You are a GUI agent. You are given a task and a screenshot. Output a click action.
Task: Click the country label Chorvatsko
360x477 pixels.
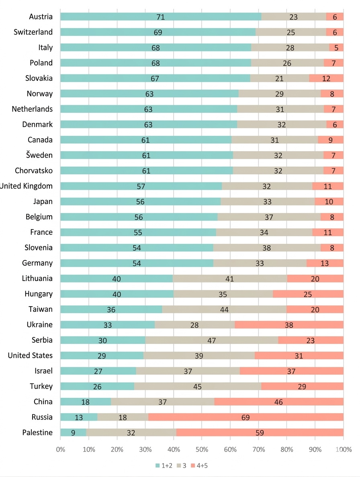pos(34,171)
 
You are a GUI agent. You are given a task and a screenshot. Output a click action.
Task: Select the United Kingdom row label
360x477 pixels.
pos(27,186)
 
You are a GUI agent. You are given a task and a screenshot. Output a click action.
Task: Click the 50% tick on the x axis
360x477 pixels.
pos(202,449)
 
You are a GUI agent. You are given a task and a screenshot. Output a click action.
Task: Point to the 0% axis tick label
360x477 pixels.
pos(60,449)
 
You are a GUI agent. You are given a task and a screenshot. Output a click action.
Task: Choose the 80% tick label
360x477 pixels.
pos(286,449)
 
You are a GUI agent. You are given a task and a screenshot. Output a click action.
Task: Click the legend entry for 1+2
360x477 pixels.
pos(164,466)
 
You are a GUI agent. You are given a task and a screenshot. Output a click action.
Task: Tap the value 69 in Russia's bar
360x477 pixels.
pos(245,418)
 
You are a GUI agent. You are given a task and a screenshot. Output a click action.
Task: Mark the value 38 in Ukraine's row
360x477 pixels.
pos(289,325)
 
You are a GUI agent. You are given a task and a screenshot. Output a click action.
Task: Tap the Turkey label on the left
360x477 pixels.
pos(41,387)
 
